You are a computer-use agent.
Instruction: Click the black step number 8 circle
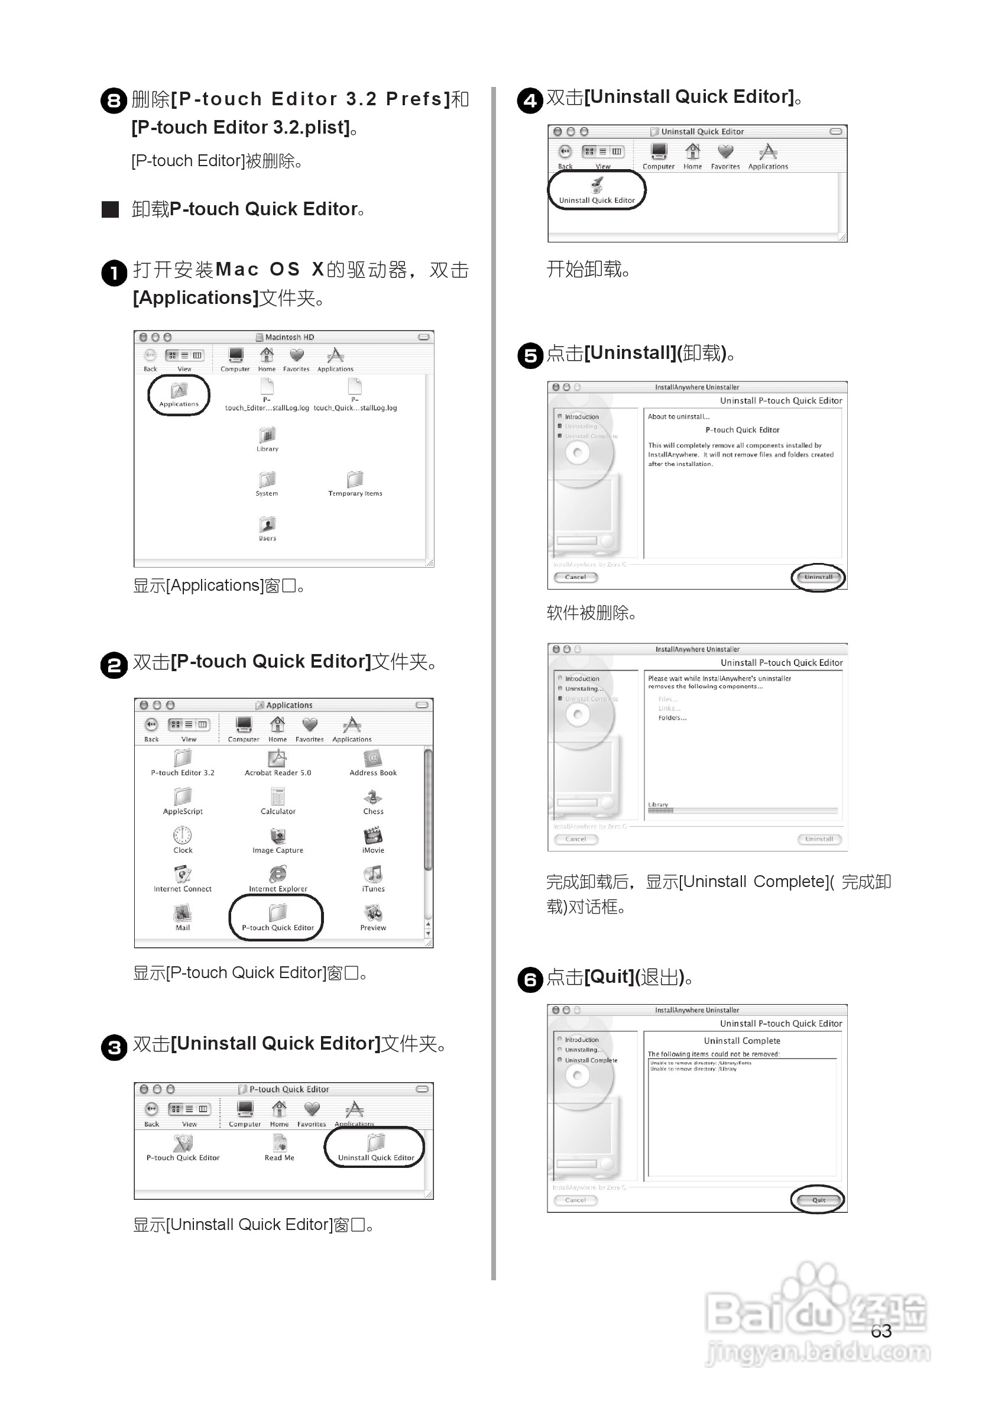[x=114, y=100]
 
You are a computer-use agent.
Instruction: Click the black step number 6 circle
[x=530, y=979]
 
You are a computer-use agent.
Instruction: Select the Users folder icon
[x=267, y=525]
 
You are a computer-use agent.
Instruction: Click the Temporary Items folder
[x=355, y=480]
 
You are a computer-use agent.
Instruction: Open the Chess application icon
[x=373, y=798]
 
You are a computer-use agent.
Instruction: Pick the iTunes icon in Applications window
[x=373, y=875]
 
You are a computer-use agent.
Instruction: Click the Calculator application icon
[x=278, y=797]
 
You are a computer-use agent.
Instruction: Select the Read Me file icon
[x=280, y=1144]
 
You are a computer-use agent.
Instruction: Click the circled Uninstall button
[x=818, y=577]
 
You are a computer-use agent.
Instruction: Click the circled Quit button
[x=818, y=1200]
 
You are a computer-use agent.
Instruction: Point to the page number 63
[x=881, y=1331]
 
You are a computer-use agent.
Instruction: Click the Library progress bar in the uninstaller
[x=742, y=811]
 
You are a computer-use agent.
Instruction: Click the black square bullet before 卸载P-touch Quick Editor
[x=111, y=209]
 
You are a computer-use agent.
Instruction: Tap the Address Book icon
[x=373, y=760]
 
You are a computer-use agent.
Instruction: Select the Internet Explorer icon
[x=278, y=875]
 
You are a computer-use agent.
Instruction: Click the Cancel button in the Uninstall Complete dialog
[x=575, y=1200]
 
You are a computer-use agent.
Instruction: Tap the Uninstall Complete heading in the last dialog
[x=742, y=1041]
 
